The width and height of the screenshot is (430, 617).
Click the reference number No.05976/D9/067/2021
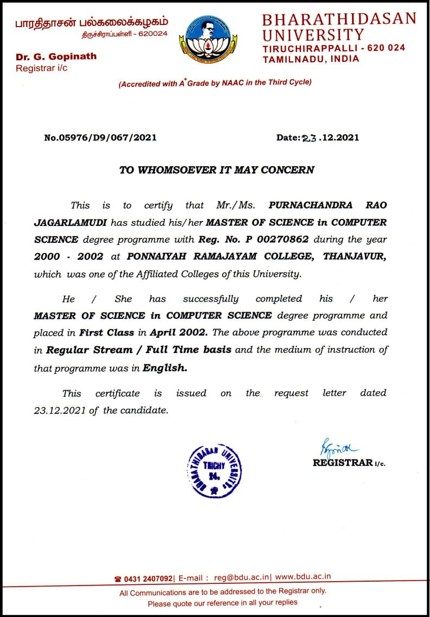coord(100,137)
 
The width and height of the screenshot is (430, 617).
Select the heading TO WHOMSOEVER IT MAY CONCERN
coord(217,169)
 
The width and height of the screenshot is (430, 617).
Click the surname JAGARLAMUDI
coord(71,222)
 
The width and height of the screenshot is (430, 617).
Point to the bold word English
coord(165,367)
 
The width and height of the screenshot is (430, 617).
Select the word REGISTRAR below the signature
coord(342,463)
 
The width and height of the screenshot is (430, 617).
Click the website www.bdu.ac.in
coord(303,578)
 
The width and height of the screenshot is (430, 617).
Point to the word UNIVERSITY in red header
coord(313,35)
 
